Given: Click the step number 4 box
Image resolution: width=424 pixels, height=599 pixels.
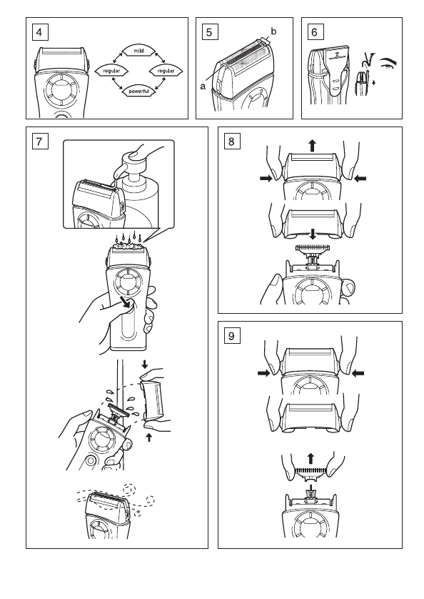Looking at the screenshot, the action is point(40,32).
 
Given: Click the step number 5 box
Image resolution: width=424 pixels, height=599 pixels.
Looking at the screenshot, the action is point(210,32).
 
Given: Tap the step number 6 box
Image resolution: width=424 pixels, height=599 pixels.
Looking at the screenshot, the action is point(316,32).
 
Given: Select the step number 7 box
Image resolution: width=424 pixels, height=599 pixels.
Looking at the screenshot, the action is point(40,142).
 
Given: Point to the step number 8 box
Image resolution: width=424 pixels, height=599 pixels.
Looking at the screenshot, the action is point(232,142).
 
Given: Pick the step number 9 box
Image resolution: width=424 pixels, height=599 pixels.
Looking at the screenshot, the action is point(232,335).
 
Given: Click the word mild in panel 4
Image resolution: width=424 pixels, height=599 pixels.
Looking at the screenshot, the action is point(138,51).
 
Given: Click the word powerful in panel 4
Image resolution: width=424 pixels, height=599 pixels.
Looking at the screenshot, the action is point(138,91).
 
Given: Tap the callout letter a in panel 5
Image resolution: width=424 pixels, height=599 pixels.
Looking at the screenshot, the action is point(203,86).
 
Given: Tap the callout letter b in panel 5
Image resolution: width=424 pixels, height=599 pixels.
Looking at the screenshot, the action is point(273,31).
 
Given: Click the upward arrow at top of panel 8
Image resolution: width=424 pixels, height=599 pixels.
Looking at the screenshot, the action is point(313,146).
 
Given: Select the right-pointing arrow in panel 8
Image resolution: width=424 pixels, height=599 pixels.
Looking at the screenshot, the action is point(266,178).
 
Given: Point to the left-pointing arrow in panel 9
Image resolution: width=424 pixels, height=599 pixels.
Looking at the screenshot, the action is point(358,373).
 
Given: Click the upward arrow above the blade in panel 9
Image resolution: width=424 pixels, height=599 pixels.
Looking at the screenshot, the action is point(311,458).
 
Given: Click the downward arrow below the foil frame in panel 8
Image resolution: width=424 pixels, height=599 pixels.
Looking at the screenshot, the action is point(313,234).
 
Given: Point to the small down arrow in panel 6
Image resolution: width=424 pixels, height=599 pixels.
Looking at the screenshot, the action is point(373,82).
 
